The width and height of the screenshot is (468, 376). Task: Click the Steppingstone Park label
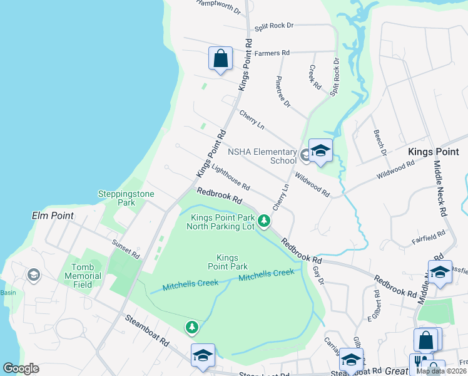tap(126, 198)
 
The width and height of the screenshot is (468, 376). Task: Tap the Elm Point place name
tap(53, 216)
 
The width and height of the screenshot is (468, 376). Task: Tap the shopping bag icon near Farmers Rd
tap(220, 59)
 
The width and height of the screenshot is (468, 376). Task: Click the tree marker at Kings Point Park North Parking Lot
tap(265, 220)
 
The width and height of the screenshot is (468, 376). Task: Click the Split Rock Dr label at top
tap(274, 26)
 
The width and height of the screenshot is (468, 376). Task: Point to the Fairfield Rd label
tap(428, 236)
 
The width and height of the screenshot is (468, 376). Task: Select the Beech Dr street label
tap(379, 142)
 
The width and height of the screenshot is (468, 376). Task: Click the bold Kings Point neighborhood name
tap(433, 152)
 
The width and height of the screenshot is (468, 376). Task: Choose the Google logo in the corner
tap(21, 368)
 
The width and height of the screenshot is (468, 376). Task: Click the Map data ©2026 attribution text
tap(441, 371)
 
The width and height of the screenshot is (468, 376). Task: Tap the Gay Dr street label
tap(318, 273)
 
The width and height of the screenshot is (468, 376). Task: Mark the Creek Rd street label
tap(315, 77)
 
